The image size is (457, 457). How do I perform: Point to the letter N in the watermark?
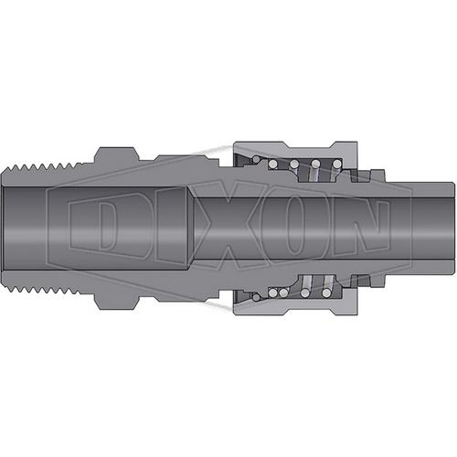(359, 228)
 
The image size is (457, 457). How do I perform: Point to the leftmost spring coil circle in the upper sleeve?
(272, 165)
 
